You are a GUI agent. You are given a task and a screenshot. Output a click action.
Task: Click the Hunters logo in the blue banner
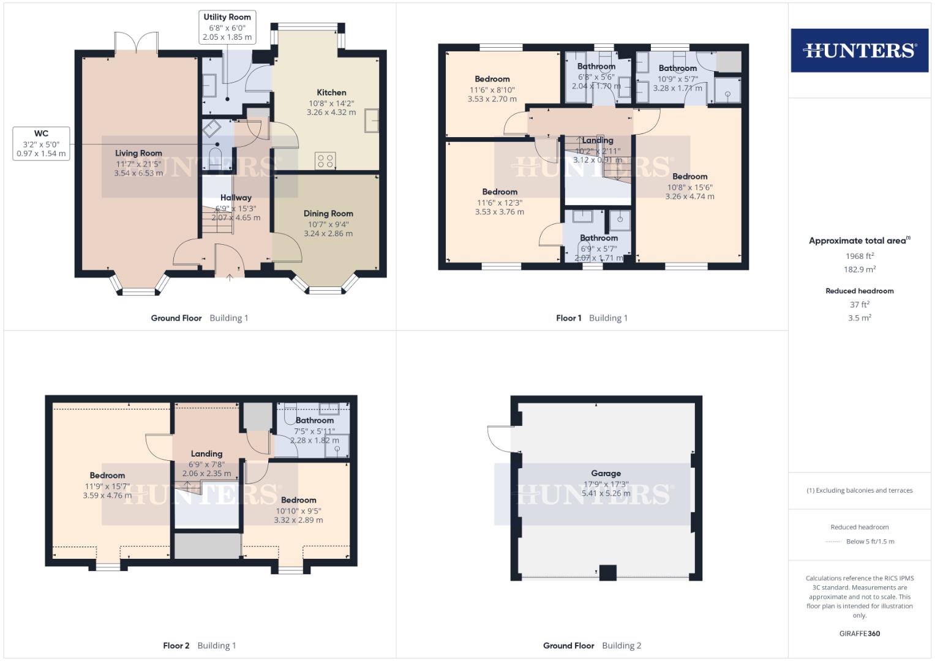tap(859, 50)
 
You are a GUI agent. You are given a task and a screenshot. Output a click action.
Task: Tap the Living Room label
tap(138, 154)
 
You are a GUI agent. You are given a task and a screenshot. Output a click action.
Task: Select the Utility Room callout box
tap(227, 27)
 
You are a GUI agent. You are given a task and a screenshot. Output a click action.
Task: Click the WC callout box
tap(41, 143)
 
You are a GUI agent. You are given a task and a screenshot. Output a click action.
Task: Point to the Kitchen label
tap(331, 92)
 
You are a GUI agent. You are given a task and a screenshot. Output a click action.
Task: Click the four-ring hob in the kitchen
tap(325, 161)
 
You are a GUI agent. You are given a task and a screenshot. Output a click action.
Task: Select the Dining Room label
tap(328, 214)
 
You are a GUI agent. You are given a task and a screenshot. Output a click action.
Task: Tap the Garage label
tap(606, 473)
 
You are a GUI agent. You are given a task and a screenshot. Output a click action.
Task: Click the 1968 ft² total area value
tap(859, 256)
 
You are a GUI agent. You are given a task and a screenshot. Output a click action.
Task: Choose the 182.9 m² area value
tap(859, 269)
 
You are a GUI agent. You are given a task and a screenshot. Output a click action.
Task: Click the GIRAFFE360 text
tap(859, 633)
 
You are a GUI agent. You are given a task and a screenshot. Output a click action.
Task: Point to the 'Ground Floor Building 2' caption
tap(592, 645)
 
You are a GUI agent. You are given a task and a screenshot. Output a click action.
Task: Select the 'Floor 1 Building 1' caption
tap(591, 318)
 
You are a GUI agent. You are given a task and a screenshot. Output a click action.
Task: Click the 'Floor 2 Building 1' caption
tap(199, 645)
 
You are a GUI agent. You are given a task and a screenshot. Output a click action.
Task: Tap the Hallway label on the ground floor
tap(236, 198)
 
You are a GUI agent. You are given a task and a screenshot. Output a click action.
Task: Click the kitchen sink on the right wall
tap(372, 120)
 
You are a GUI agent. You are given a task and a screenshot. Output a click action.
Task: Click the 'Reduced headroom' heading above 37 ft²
tap(859, 291)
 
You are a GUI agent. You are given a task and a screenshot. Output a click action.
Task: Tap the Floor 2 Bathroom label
tap(315, 420)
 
